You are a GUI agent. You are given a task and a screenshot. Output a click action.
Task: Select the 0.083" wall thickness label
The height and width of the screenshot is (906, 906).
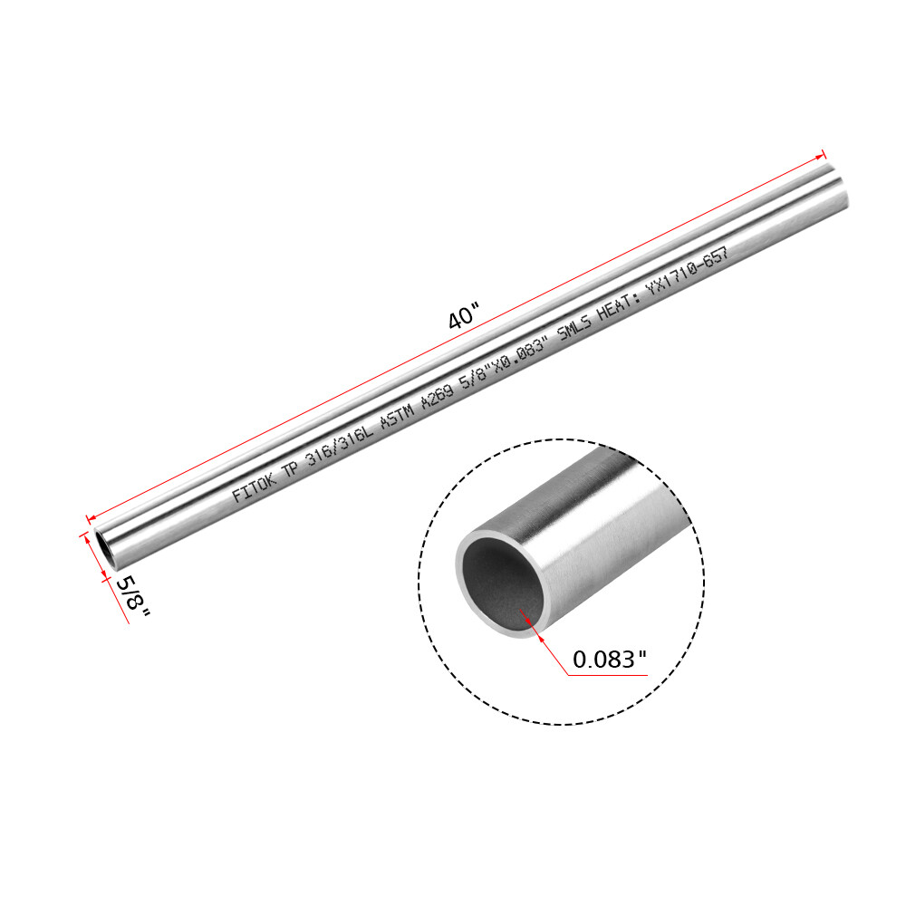tap(609, 660)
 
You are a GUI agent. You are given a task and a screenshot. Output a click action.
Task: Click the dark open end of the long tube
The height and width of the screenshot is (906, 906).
tap(104, 549)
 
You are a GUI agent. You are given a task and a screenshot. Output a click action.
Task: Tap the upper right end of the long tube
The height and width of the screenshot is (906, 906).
tap(837, 186)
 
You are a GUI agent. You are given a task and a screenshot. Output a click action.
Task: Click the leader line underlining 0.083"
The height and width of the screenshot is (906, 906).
tap(607, 675)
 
